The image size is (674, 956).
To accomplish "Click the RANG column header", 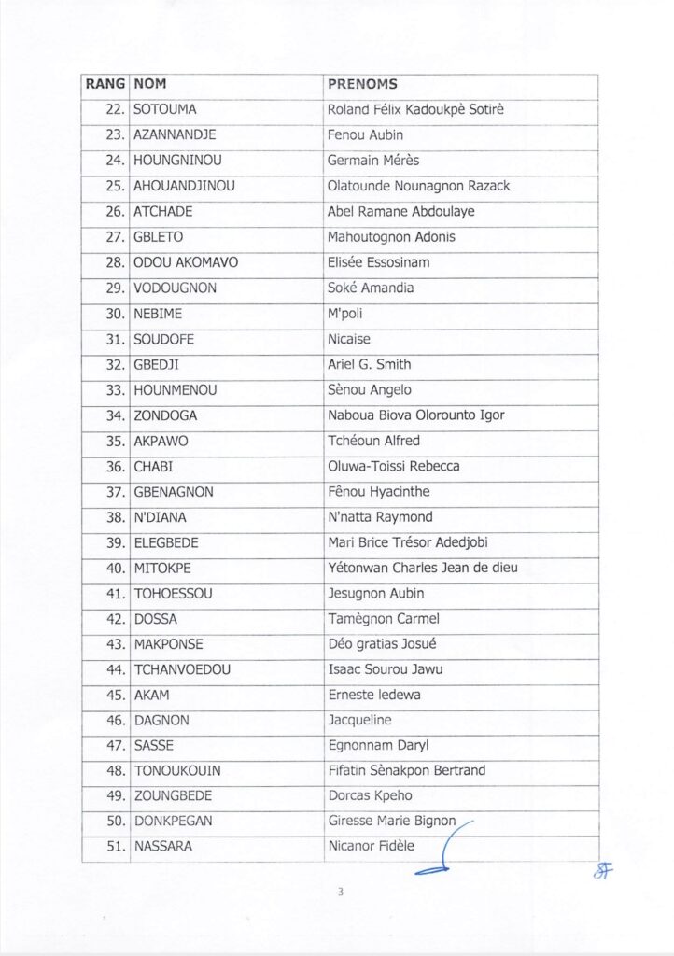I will click(x=105, y=85).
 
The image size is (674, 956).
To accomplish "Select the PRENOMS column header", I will click(x=362, y=85).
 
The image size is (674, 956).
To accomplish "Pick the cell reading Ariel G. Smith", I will click(x=369, y=364).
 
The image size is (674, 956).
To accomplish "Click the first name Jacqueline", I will click(x=359, y=720).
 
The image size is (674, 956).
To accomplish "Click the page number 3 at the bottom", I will click(x=340, y=893).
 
